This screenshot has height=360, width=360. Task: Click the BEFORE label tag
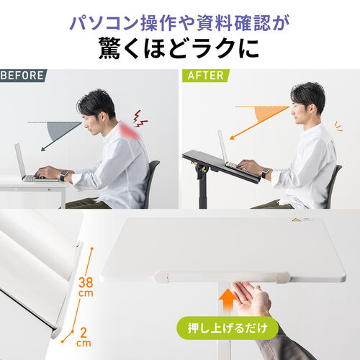(22, 75)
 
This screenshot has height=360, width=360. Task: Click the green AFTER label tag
(205, 75)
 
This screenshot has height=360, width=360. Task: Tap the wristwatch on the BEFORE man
(63, 175)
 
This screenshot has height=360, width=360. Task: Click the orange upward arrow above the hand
(228, 296)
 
